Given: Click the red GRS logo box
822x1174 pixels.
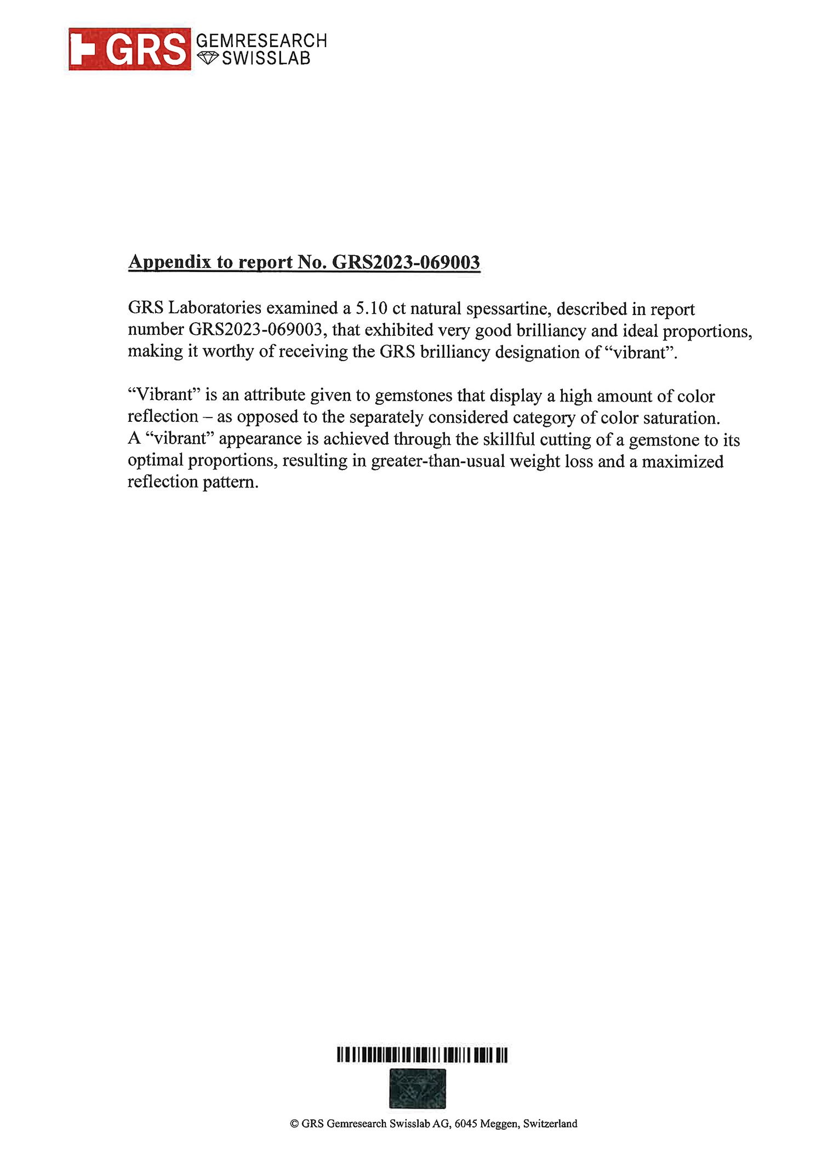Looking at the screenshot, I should pyautogui.click(x=130, y=49).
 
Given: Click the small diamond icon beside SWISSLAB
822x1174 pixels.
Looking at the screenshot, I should pyautogui.click(x=208, y=58).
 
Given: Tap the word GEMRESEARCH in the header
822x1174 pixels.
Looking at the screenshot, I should pyautogui.click(x=261, y=41).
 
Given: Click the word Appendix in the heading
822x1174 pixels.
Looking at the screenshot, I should pyautogui.click(x=170, y=262).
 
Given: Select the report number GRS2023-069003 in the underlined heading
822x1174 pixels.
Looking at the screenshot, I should pyautogui.click(x=406, y=262).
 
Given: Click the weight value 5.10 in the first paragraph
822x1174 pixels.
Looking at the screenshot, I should pyautogui.click(x=372, y=308).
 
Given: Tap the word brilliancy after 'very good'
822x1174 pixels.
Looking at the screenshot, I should pyautogui.click(x=551, y=331).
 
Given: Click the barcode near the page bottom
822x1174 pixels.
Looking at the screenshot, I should pyautogui.click(x=422, y=1055).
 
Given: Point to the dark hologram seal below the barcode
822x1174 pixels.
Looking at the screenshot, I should pyautogui.click(x=418, y=1088).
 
